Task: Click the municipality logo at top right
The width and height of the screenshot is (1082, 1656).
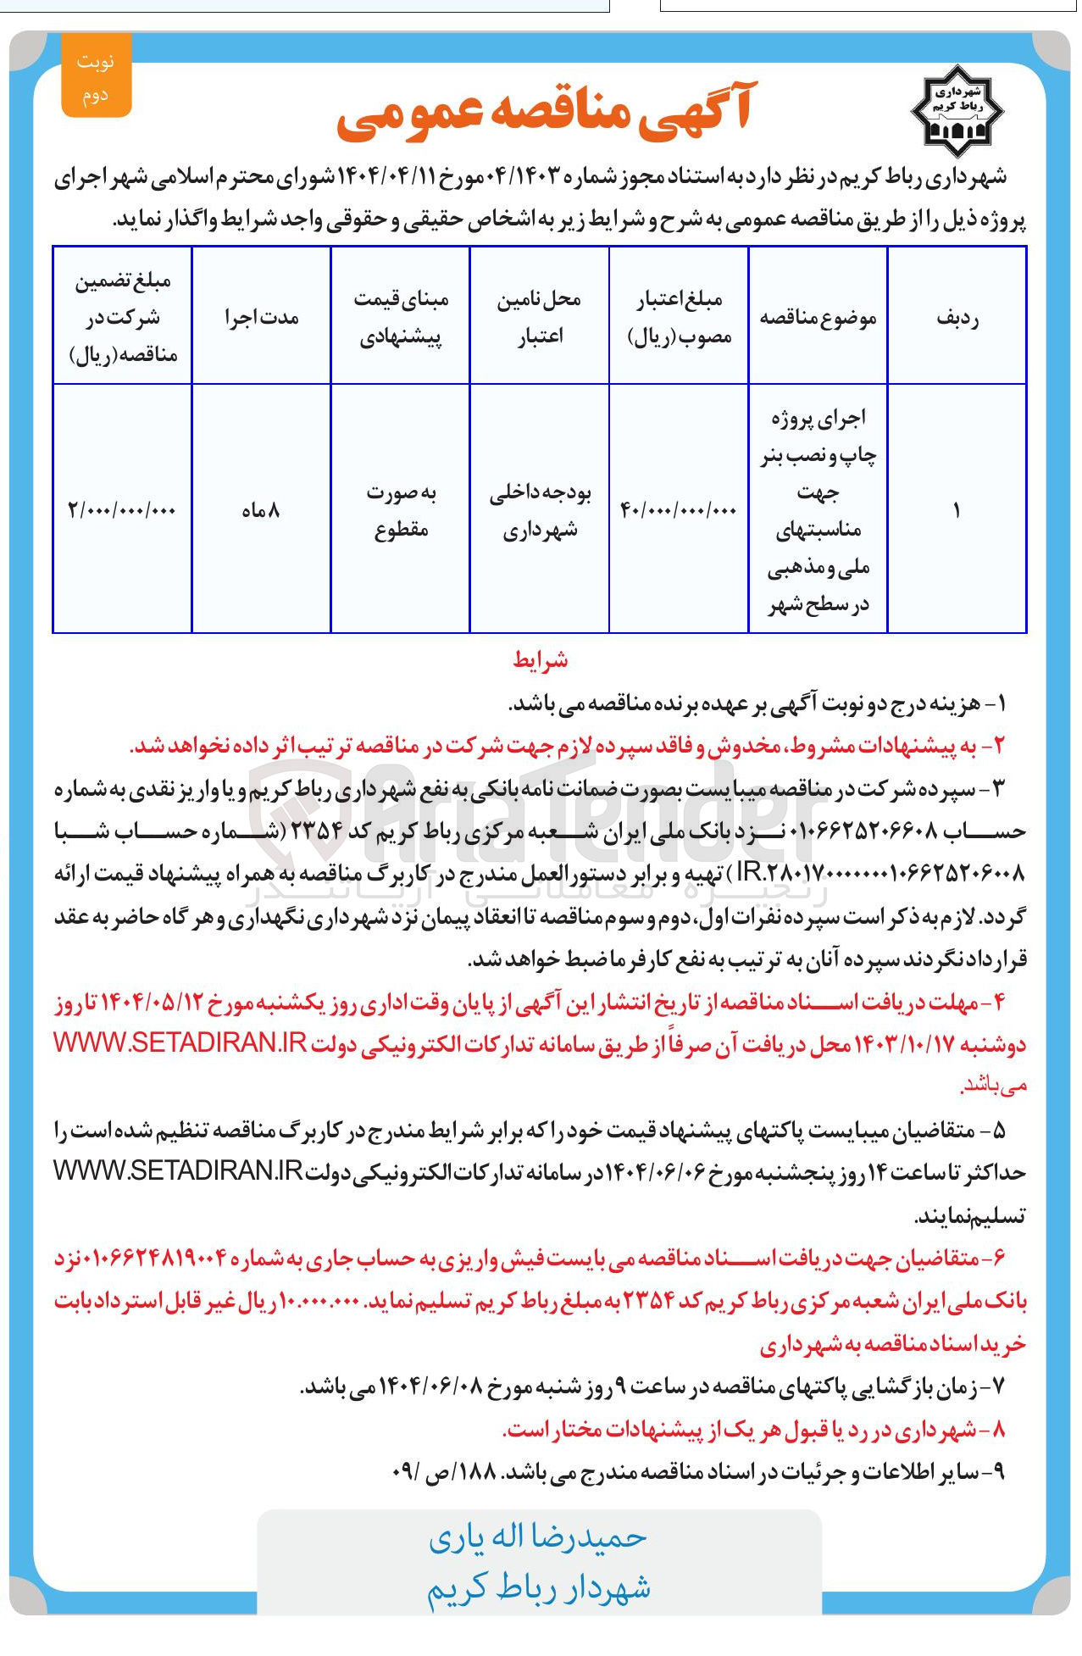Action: coord(957,111)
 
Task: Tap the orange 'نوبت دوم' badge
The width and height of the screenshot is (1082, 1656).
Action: coord(96,77)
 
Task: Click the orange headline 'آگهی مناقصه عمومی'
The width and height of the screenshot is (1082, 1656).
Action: coord(543,114)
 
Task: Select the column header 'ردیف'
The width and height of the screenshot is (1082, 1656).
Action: coord(957,318)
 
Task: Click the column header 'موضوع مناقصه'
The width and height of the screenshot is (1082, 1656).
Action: coord(818,318)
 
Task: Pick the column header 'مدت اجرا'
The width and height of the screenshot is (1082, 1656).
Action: coord(261,318)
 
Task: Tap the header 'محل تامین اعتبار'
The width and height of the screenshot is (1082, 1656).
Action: coord(540,318)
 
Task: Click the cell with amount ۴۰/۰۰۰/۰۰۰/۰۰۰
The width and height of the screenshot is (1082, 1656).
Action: coord(679,510)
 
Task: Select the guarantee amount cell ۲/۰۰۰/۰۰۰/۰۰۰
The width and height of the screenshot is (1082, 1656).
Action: coord(122,510)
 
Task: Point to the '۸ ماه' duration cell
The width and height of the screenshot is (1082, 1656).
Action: coord(261,510)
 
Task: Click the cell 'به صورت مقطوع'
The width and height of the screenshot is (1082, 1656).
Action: coord(401,510)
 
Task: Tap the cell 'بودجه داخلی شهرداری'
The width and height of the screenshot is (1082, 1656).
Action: coord(540,510)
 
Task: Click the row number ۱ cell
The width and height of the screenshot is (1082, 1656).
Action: coord(957,510)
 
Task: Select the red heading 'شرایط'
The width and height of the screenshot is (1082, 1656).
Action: coord(540,660)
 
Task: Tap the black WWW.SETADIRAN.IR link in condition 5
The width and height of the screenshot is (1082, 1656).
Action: coord(178,1171)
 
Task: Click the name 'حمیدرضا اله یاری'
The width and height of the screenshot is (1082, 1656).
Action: coord(538,1537)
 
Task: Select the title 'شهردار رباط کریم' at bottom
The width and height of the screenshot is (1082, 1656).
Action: coord(538,1587)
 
